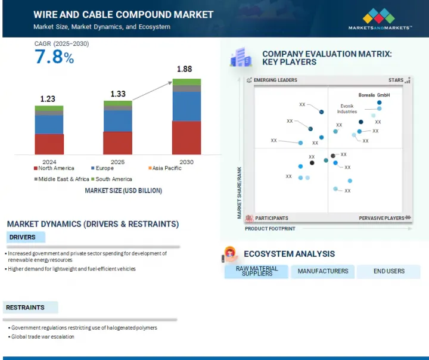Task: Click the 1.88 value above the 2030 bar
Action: pyautogui.click(x=184, y=69)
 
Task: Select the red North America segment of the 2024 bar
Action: pyautogui.click(x=49, y=144)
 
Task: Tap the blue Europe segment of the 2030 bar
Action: pyautogui.click(x=186, y=106)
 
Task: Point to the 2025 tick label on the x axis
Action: pyautogui.click(x=117, y=162)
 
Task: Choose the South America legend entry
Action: pyautogui.click(x=114, y=179)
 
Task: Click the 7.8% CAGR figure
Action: pyautogui.click(x=54, y=57)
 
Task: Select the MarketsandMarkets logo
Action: pyautogui.click(x=380, y=19)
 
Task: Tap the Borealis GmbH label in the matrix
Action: pyautogui.click(x=374, y=95)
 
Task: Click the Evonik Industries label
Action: pyautogui.click(x=347, y=108)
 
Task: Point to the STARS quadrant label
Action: pyautogui.click(x=396, y=80)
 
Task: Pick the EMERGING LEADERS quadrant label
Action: pyautogui.click(x=275, y=80)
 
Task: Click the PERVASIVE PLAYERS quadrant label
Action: pyautogui.click(x=381, y=218)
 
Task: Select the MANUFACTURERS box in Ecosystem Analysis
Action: pyautogui.click(x=322, y=271)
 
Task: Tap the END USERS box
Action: pyautogui.click(x=388, y=271)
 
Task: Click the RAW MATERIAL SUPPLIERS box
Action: pyautogui.click(x=257, y=271)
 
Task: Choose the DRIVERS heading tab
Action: pyautogui.click(x=22, y=237)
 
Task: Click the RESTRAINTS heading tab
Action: pyautogui.click(x=25, y=308)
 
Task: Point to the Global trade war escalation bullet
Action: pyautogui.click(x=43, y=337)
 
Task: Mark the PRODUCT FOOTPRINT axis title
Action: pyautogui.click(x=269, y=228)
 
